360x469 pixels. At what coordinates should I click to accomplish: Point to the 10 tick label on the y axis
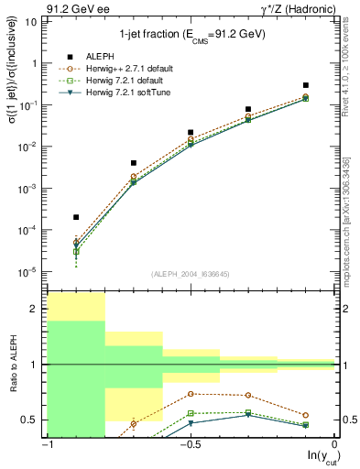pos(31,22)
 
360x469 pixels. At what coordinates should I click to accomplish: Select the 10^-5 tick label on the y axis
pos(27,271)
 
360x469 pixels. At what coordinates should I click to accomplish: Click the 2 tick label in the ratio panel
pos(35,309)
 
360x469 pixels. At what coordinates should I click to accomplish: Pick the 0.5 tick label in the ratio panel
pos(30,420)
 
